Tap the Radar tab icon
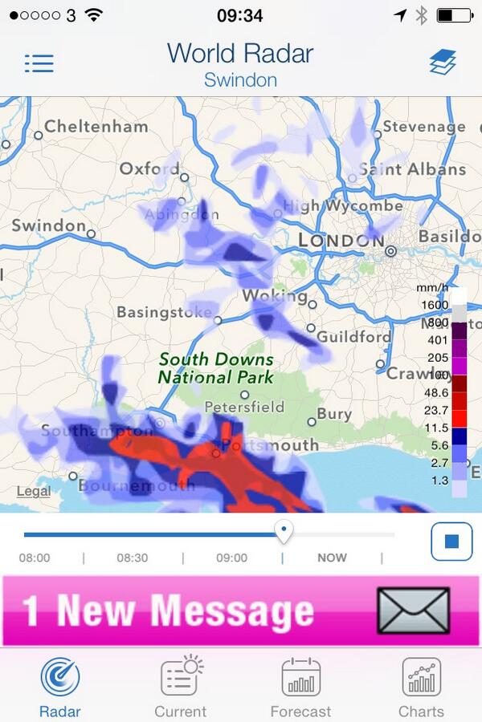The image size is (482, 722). pos(60,677)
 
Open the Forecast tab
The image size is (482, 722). pos(300,677)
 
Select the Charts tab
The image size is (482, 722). pos(421,677)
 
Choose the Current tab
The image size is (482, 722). pos(181,677)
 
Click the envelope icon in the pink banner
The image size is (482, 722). pos(413,610)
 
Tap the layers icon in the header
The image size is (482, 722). pos(442,63)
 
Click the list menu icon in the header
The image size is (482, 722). pos(39,63)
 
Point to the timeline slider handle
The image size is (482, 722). pos(283,530)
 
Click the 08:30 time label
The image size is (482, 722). pos(133,558)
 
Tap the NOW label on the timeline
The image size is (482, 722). pos(332,558)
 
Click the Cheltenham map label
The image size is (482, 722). pos(96,126)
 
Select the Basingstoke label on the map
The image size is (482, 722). pos(164,312)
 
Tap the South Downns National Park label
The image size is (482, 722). pos(215,368)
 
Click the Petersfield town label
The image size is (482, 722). pos(244,407)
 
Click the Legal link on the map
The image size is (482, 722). pos(33,491)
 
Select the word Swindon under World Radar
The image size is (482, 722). pos(240,80)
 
